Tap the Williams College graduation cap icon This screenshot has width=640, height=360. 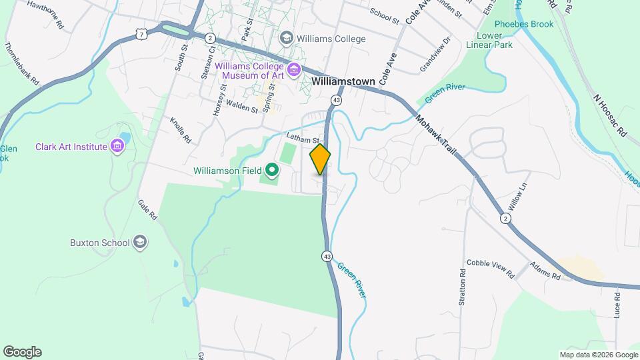(x=287, y=38)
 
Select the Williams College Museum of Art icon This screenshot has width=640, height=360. (x=294, y=69)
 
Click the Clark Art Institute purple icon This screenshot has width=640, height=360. (x=118, y=145)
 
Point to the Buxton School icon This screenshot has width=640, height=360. (x=140, y=242)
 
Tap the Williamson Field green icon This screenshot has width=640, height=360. (x=271, y=171)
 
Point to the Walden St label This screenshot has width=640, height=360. (x=241, y=105)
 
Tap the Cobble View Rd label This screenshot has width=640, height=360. (x=491, y=269)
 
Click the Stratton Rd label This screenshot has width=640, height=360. (x=462, y=287)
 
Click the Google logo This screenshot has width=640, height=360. (x=22, y=351)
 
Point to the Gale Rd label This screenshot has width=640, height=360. (x=147, y=210)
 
